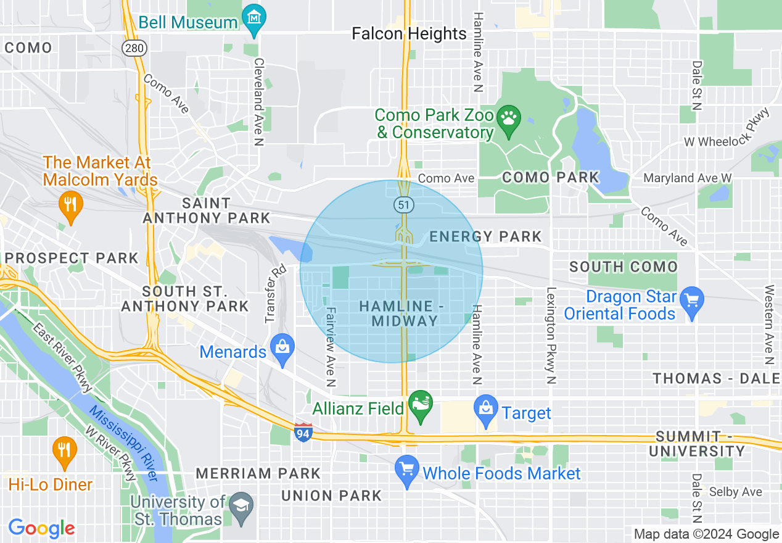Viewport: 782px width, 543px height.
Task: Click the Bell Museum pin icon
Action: [254, 17]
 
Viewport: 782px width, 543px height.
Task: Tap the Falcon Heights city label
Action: [409, 33]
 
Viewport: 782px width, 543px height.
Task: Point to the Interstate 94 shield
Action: [303, 431]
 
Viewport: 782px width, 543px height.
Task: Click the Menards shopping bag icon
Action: [282, 346]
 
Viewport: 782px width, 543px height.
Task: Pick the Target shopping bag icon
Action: [486, 407]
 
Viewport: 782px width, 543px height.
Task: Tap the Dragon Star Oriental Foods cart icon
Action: [691, 301]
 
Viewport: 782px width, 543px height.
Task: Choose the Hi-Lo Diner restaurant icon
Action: [64, 449]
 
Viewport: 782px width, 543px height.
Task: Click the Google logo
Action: [41, 528]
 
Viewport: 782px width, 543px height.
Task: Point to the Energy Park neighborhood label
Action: [485, 236]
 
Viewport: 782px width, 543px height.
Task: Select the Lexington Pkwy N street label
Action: [551, 336]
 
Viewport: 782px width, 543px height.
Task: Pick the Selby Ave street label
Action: [735, 492]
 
